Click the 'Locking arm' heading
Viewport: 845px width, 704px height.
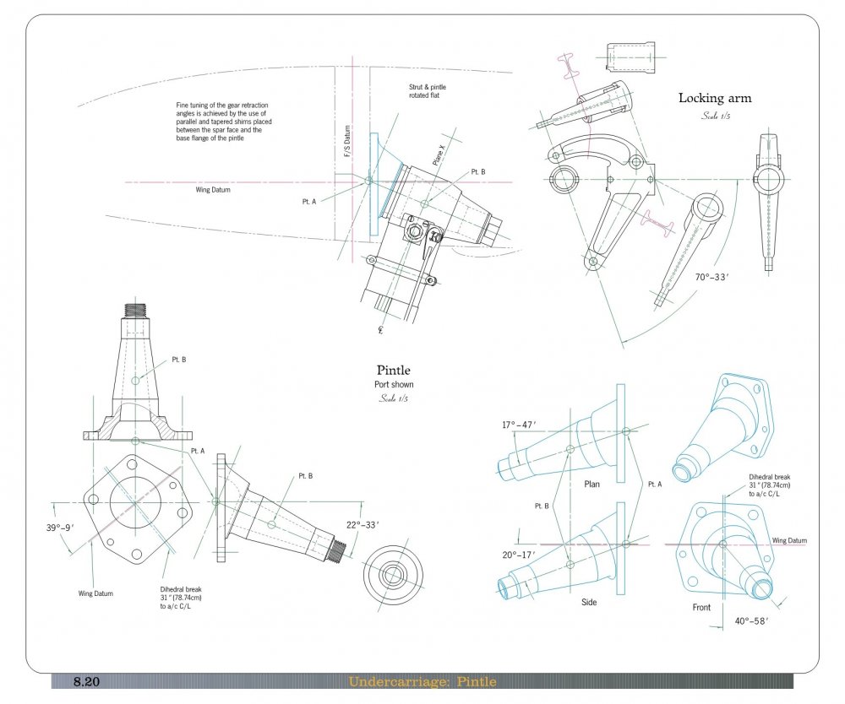[x=714, y=98]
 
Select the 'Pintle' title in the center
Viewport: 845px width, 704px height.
[x=393, y=370]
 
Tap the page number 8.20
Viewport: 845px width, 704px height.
[x=87, y=681]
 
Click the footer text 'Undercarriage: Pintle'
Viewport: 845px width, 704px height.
[x=422, y=681]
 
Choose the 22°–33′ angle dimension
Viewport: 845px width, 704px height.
[x=363, y=524]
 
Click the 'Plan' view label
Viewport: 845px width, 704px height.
[x=591, y=485]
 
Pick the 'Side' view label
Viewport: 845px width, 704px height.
[x=590, y=603]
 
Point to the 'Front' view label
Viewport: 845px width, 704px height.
[x=701, y=607]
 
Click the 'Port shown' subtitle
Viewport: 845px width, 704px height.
[x=393, y=384]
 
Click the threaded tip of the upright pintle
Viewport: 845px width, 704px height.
[x=135, y=310]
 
